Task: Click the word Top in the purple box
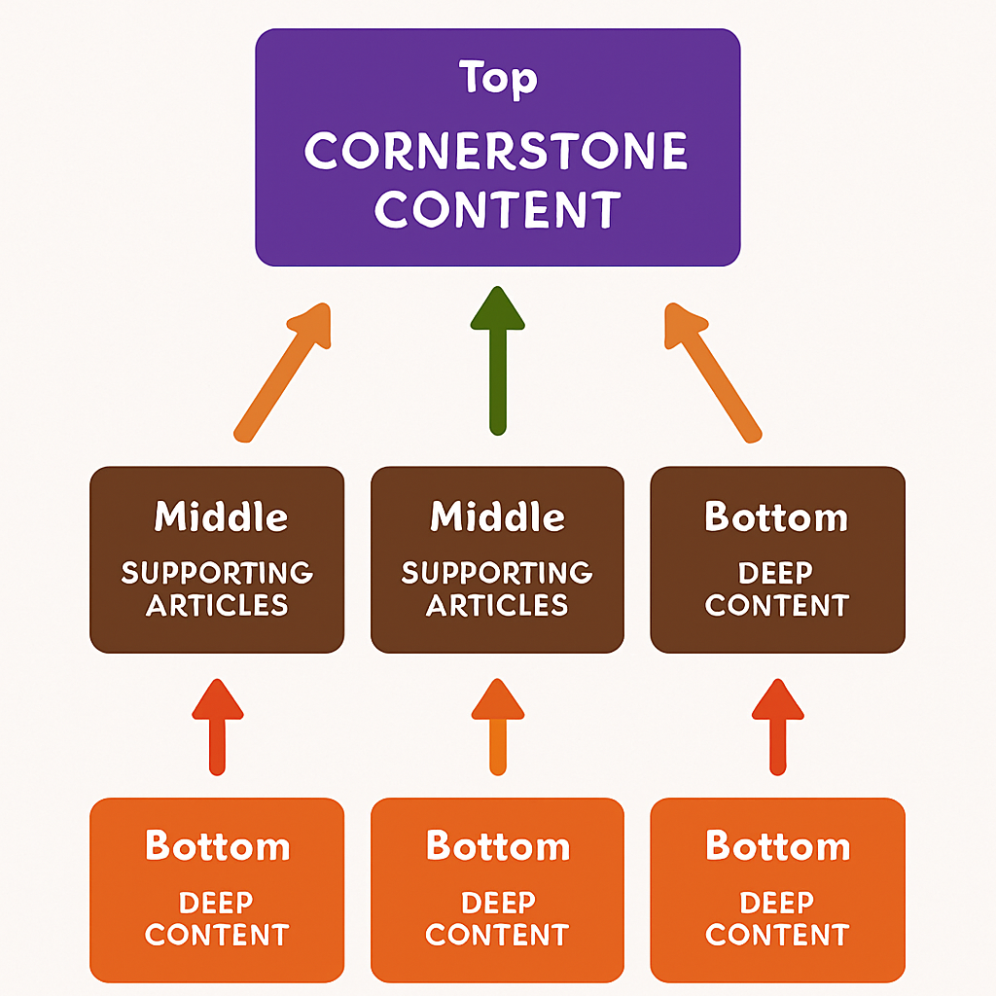[497, 80]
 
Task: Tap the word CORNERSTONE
[497, 152]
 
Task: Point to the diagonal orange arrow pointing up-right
[281, 373]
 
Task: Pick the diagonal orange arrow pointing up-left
[712, 373]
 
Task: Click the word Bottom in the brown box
[776, 516]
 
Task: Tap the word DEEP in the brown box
[776, 572]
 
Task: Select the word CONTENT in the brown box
[776, 605]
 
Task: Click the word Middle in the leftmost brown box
[221, 516]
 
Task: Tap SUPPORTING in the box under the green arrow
[497, 572]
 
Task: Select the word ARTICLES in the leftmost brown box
[217, 605]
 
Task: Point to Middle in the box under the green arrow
[497, 516]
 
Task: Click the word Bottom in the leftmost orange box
[217, 846]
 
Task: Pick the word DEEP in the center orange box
[497, 903]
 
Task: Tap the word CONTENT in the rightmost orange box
[776, 935]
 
